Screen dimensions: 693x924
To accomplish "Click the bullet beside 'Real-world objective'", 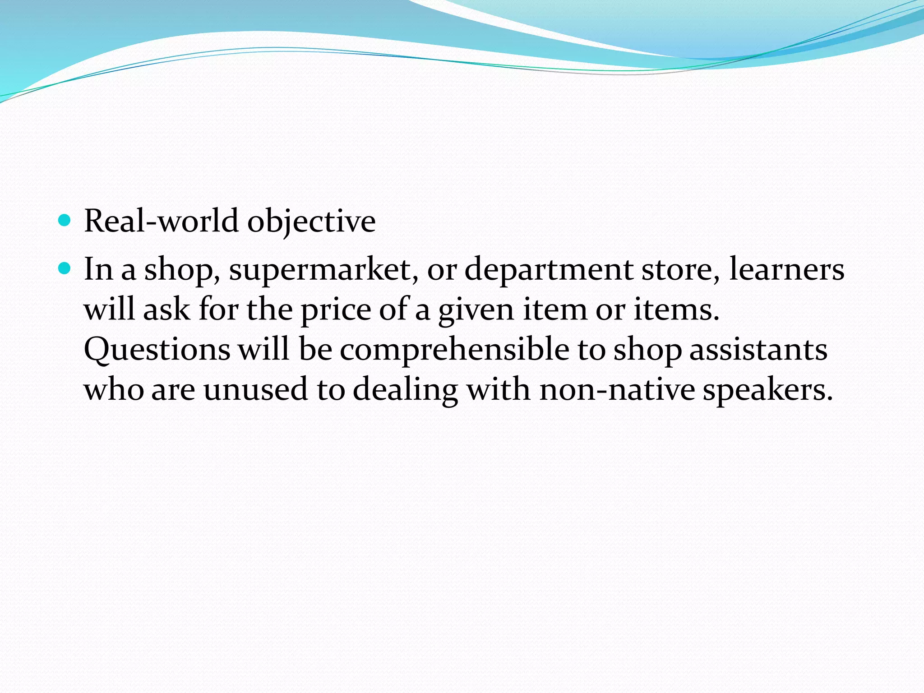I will point(65,221).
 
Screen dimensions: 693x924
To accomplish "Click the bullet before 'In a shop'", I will point(65,269).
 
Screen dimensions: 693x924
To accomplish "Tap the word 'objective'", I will point(311,222).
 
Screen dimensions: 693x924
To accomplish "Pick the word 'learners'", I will point(786,269).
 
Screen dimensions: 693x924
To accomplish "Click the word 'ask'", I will point(166,310).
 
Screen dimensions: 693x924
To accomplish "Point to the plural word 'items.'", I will point(677,310).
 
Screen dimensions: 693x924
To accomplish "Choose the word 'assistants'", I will point(758,350).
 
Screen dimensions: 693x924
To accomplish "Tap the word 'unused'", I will point(255,389).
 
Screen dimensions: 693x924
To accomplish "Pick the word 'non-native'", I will point(617,389).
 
